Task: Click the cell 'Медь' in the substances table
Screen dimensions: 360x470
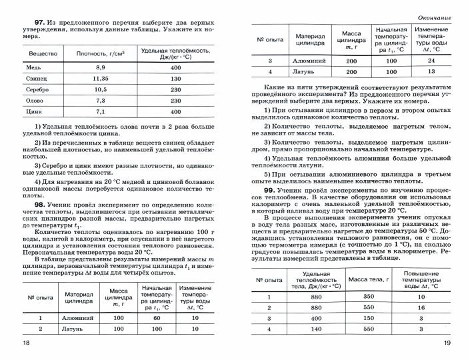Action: pyautogui.click(x=34, y=68)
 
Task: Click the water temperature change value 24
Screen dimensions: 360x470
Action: pyautogui.click(x=431, y=61)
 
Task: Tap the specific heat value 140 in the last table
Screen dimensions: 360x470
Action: pyautogui.click(x=316, y=329)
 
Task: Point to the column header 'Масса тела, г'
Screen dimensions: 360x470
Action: pyautogui.click(x=367, y=279)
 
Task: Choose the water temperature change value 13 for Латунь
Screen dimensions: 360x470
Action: pyautogui.click(x=431, y=71)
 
